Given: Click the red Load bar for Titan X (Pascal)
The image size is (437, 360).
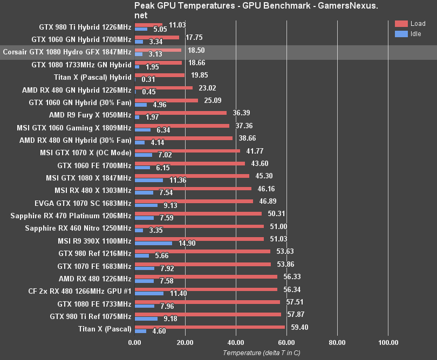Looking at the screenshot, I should [x=209, y=327].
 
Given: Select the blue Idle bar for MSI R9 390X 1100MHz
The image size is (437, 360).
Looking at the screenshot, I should [x=153, y=243].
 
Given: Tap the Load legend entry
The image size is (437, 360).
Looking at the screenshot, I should [x=410, y=24].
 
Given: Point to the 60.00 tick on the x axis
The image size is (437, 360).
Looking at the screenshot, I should [x=286, y=342].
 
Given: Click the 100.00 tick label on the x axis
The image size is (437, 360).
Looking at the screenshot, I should [x=388, y=342].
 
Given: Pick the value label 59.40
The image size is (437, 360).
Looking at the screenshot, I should [x=298, y=327].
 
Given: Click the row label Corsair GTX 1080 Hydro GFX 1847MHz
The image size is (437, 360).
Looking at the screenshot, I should [x=67, y=52].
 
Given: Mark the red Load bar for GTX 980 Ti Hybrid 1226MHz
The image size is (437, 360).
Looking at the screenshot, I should [x=148, y=24].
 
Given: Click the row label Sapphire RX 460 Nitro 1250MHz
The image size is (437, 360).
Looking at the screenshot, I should [x=78, y=228].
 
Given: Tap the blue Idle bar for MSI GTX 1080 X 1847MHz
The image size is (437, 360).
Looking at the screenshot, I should [x=148, y=180].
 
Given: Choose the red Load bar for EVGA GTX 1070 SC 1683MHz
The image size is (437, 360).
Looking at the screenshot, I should [x=194, y=201].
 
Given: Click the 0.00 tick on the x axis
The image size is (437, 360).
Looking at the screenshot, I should [x=134, y=342].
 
